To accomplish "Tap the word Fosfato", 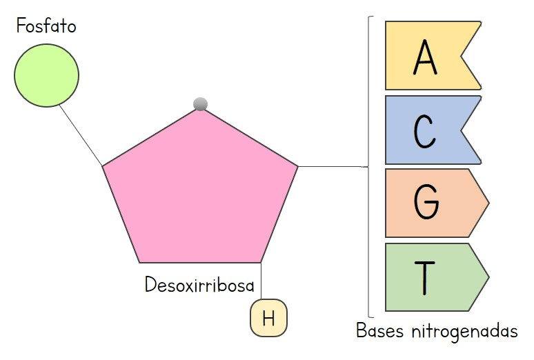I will tap(46, 28).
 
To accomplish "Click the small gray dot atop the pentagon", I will tap(201, 104).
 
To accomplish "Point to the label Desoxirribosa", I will tap(199, 285).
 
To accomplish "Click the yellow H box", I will tap(268, 319).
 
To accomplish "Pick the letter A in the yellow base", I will tap(425, 57).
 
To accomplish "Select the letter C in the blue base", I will tap(425, 130).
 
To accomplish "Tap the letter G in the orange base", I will tap(426, 202).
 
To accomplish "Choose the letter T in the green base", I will tap(425, 276).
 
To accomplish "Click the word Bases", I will tap(379, 331).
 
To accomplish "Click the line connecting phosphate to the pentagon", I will tap(81, 135).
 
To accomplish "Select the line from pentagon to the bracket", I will tap(331, 166).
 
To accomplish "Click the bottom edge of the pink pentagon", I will tap(200, 262).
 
